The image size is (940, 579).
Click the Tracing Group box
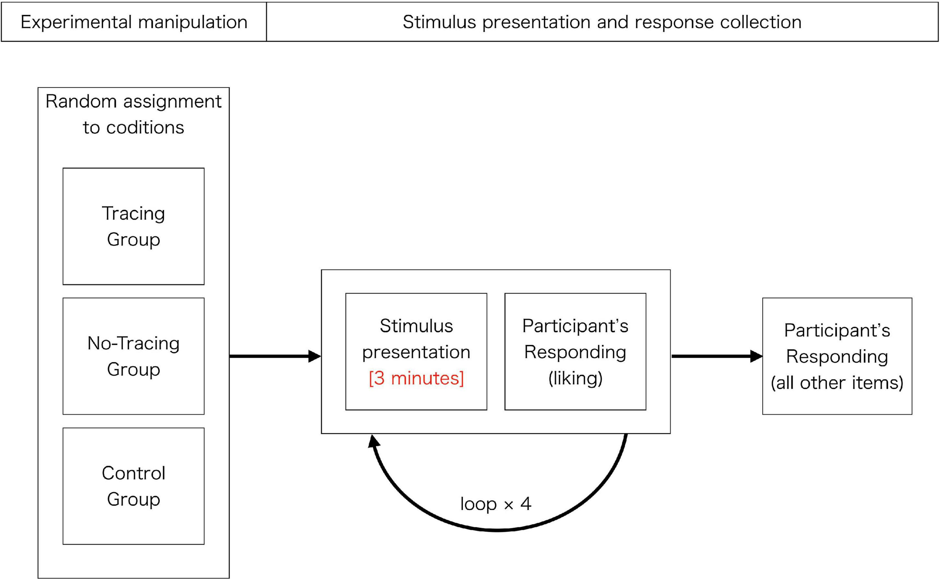coord(133,226)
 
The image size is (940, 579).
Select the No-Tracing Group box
coord(133,356)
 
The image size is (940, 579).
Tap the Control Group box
coord(133,485)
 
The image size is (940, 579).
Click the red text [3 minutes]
coord(416,378)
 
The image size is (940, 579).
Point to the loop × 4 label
coord(496,504)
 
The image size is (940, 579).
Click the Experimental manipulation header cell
coord(133,22)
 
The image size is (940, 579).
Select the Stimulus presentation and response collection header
coord(602,22)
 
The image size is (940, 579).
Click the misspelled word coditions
coord(145,127)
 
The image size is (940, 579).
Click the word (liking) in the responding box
coord(575,378)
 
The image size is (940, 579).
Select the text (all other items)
coord(837,383)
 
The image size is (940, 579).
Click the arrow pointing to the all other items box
coord(716,356)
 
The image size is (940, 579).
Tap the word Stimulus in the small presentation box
coord(416,326)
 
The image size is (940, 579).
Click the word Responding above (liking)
coord(575,352)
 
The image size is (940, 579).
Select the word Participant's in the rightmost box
coord(837,330)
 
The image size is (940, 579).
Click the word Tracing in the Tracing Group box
coord(133,213)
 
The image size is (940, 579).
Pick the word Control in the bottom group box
coord(133,473)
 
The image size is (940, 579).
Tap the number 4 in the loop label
coord(525,503)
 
